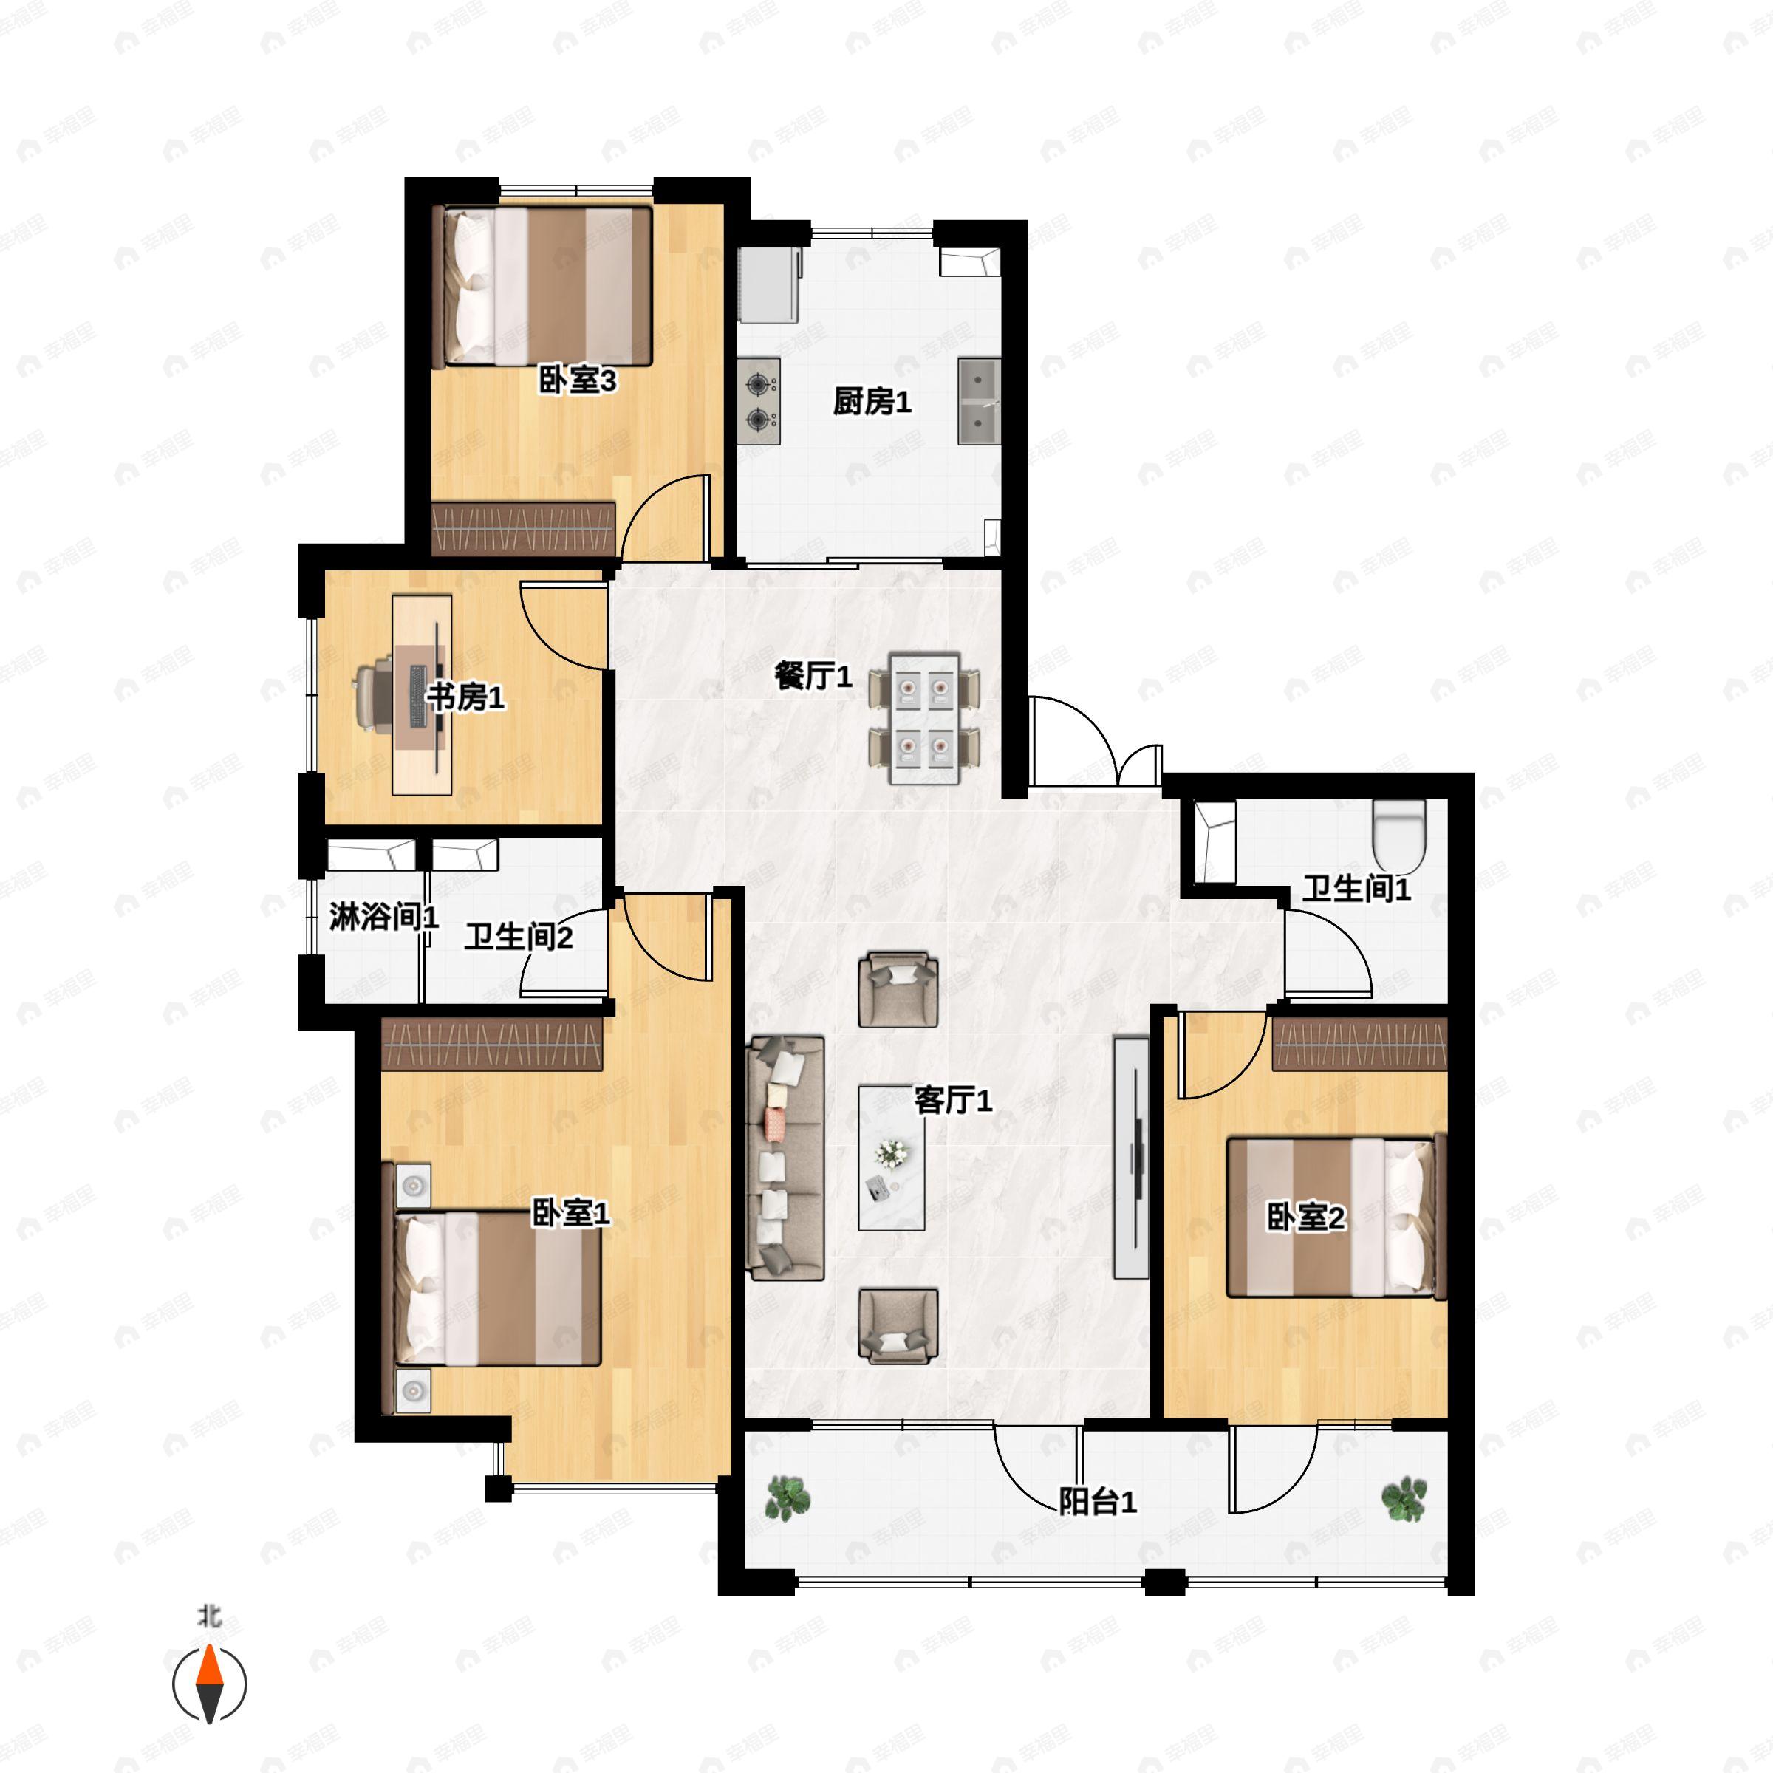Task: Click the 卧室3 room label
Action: tap(576, 380)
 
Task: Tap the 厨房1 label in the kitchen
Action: tap(872, 401)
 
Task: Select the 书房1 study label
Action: tap(465, 697)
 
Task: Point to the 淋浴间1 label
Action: tap(383, 916)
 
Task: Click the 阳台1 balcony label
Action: tap(1098, 1501)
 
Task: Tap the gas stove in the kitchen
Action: tap(759, 401)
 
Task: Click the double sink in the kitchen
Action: tap(978, 401)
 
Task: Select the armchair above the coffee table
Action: tap(898, 990)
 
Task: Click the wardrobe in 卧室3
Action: tap(523, 529)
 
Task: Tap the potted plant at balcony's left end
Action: tap(788, 1497)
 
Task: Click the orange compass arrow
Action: tap(210, 1667)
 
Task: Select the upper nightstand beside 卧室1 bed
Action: tap(413, 1186)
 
